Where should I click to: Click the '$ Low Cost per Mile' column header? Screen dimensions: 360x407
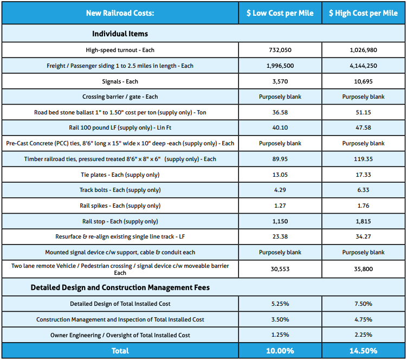[x=280, y=13]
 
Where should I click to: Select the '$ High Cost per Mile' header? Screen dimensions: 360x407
[x=363, y=13]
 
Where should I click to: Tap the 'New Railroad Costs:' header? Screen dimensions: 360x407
[x=120, y=13]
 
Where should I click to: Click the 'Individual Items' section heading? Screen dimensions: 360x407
[x=120, y=34]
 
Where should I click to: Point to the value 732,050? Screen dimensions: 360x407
[x=280, y=50]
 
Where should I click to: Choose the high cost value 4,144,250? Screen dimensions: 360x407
[x=363, y=66]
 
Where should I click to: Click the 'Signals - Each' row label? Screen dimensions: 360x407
[x=120, y=81]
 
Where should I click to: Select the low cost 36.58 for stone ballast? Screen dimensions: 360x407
[x=280, y=112]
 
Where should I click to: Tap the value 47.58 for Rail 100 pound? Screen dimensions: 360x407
[x=363, y=128]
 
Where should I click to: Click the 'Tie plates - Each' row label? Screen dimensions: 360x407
[x=120, y=175]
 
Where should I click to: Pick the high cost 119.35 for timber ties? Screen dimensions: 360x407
[x=363, y=159]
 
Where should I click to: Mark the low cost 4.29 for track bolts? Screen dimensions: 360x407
[x=280, y=190]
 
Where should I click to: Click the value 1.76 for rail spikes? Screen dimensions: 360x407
[x=363, y=205]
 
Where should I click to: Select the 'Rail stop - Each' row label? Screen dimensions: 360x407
[x=120, y=221]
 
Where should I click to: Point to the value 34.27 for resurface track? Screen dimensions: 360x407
[x=363, y=236]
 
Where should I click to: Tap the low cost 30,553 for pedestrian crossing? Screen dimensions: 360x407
[x=280, y=269]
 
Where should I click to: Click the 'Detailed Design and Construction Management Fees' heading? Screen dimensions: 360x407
[x=120, y=287]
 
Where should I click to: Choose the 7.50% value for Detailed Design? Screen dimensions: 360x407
[x=363, y=304]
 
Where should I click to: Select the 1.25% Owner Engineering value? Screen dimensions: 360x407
[x=280, y=335]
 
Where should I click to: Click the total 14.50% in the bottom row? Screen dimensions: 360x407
[x=363, y=351]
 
